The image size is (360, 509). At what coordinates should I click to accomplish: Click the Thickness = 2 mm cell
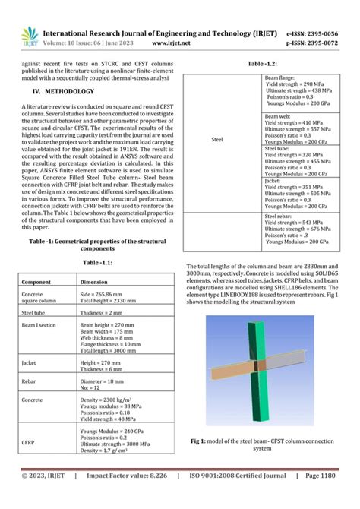(101, 311)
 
